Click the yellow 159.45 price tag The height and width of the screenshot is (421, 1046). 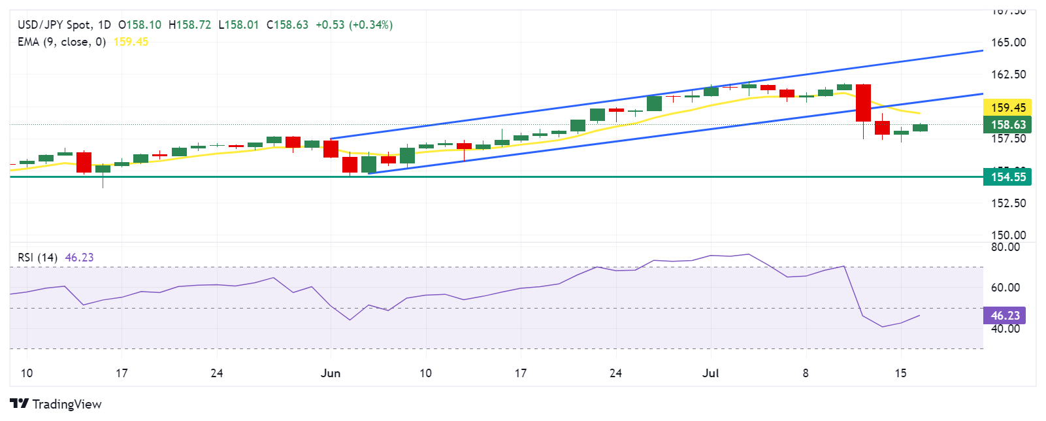1007,108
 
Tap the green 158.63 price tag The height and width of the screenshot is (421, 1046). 1007,125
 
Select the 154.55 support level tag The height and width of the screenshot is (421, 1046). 1007,177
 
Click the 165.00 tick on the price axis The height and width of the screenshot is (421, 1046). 1009,42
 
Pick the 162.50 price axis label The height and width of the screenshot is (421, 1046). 1009,75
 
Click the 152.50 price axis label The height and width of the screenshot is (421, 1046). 1009,203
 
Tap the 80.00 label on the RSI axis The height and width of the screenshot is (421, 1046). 1005,247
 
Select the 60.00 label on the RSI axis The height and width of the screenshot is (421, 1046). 1005,288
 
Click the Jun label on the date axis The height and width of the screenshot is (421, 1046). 331,373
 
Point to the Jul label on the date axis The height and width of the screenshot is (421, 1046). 710,373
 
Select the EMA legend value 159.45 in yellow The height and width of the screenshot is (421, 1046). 131,42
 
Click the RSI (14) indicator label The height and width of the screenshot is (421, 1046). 38,258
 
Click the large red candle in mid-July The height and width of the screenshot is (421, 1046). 863,103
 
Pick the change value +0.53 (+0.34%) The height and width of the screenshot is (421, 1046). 354,25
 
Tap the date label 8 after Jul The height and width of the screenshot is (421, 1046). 806,373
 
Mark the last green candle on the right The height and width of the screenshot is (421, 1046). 920,127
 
